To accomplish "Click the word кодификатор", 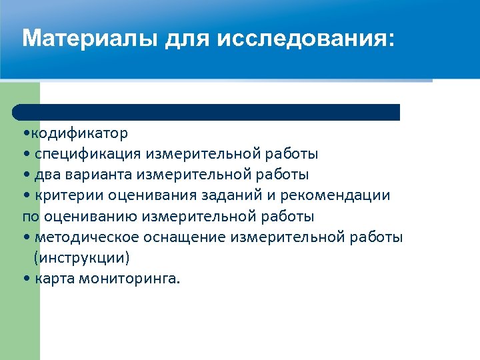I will click(x=77, y=133).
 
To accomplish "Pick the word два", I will click(x=50, y=175).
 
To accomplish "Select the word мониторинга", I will click(x=129, y=279).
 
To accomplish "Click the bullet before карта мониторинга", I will click(x=25, y=279).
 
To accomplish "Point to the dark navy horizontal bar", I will click(x=207, y=111).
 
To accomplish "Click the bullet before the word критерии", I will click(x=25, y=196).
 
